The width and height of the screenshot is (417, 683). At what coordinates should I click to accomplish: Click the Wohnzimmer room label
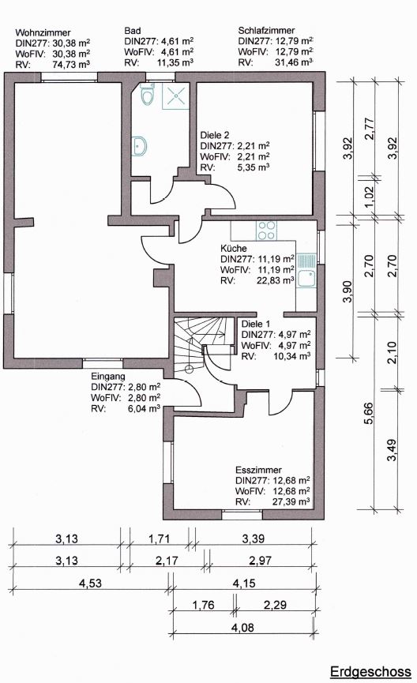coord(43,32)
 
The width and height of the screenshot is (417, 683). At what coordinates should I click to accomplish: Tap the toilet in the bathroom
coord(147,94)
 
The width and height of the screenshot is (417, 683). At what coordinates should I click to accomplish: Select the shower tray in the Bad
coord(175,96)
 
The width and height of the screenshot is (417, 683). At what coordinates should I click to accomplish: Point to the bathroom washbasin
coord(140,146)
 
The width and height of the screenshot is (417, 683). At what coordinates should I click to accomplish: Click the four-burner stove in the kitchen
coord(266,231)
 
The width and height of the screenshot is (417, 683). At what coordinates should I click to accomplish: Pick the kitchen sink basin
coord(306,277)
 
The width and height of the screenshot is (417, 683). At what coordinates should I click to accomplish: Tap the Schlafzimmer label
coord(266,31)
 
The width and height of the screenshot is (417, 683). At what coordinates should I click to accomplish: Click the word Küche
coord(234,248)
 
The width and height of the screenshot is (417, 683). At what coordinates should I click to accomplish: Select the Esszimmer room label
coord(258,470)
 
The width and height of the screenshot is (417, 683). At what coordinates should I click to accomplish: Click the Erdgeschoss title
coord(370,672)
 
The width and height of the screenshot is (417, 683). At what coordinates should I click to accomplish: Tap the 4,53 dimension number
coord(91,583)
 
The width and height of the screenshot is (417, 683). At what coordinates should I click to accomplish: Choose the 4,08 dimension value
coord(243,628)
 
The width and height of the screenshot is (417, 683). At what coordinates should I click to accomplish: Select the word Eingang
coord(108,377)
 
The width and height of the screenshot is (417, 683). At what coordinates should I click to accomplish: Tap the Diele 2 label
coord(214,135)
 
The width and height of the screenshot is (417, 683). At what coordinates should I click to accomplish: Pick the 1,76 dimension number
coord(204,605)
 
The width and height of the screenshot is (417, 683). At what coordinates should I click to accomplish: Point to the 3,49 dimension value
coord(392,450)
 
